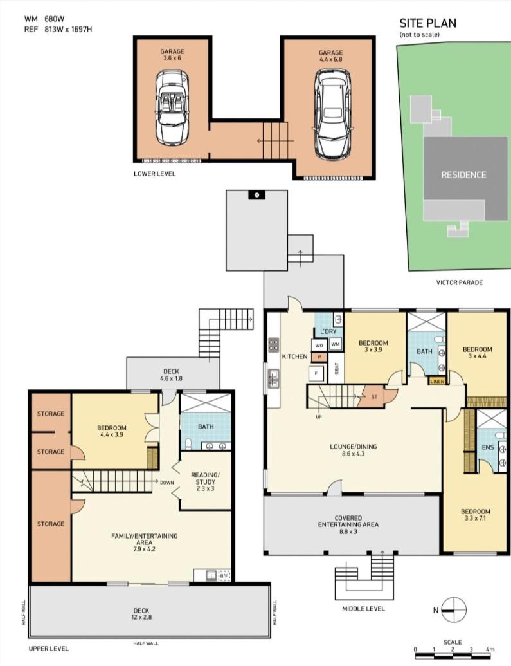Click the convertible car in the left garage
(x=172, y=108)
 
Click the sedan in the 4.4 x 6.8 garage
(x=333, y=114)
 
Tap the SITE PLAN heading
(x=428, y=23)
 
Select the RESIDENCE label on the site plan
(x=463, y=174)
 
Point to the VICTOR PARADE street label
(x=459, y=282)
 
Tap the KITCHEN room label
(x=294, y=356)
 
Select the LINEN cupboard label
(x=437, y=382)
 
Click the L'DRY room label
(x=328, y=331)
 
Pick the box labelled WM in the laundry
(x=336, y=344)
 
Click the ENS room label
(x=488, y=447)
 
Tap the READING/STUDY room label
(x=206, y=482)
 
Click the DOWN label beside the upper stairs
(x=166, y=482)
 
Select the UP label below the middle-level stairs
(x=319, y=417)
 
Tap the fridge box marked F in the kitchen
(x=316, y=373)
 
